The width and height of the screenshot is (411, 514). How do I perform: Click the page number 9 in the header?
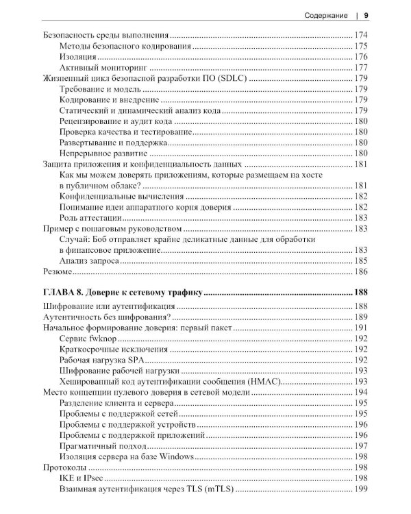pyautogui.click(x=366, y=14)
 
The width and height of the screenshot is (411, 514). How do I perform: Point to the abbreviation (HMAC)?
pyautogui.click(x=263, y=382)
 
